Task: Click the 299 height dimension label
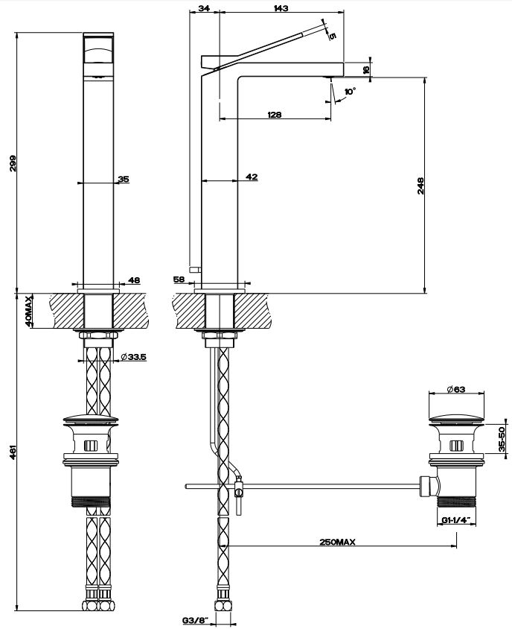13,163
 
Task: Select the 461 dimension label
13,452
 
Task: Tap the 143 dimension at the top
282,8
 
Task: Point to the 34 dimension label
204,8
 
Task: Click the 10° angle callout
350,92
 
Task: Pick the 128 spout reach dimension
275,115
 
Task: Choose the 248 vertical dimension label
420,186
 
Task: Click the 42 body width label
252,177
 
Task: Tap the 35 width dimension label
124,179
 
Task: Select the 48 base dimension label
135,280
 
